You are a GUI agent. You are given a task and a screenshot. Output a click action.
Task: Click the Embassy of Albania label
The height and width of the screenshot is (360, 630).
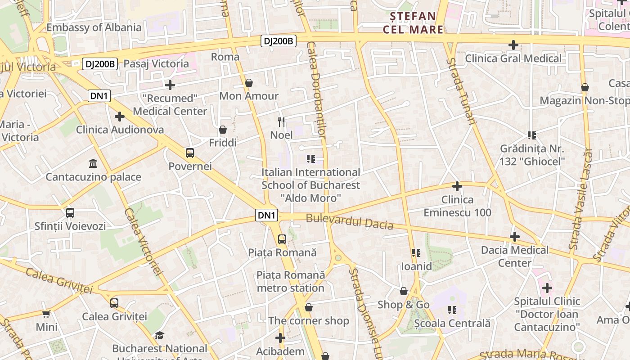pyautogui.click(x=94, y=27)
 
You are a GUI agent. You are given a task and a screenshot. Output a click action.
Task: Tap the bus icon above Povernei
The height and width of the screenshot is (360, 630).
pyautogui.click(x=190, y=153)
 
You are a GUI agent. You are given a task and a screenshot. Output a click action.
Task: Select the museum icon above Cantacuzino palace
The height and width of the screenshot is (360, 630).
pyautogui.click(x=93, y=163)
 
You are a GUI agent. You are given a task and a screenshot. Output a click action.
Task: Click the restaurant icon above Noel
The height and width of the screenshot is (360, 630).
pyautogui.click(x=282, y=121)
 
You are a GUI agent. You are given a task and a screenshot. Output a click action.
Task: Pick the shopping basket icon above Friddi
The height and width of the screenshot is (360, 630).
pyautogui.click(x=223, y=130)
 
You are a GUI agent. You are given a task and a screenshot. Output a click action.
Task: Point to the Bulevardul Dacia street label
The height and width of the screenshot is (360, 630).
pyautogui.click(x=350, y=222)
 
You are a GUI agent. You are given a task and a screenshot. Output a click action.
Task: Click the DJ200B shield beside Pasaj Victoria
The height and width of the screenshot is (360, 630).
pyautogui.click(x=100, y=64)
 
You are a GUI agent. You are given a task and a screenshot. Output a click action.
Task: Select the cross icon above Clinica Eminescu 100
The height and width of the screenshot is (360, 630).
pyautogui.click(x=457, y=186)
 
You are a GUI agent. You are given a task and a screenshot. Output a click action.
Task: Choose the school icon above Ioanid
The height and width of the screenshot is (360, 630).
pyautogui.click(x=416, y=253)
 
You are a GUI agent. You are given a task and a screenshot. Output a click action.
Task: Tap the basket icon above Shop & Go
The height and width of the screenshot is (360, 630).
pyautogui.click(x=404, y=291)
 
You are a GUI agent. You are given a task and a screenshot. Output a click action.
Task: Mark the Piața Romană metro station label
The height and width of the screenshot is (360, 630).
pyautogui.click(x=291, y=281)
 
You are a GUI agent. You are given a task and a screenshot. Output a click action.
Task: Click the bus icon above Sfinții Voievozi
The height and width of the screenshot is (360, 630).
pyautogui.click(x=70, y=212)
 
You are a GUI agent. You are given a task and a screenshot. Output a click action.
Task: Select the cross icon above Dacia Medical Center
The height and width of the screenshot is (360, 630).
pyautogui.click(x=515, y=237)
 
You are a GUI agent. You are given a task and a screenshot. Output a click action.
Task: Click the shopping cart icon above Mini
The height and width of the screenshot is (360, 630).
pyautogui.click(x=46, y=314)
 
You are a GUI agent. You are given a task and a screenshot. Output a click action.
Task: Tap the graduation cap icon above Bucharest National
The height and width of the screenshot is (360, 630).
pyautogui.click(x=159, y=335)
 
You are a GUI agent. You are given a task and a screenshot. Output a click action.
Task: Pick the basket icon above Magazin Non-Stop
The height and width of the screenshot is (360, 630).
pyautogui.click(x=585, y=87)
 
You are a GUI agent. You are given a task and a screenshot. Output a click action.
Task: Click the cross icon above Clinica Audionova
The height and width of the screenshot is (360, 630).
pyautogui.click(x=120, y=117)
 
